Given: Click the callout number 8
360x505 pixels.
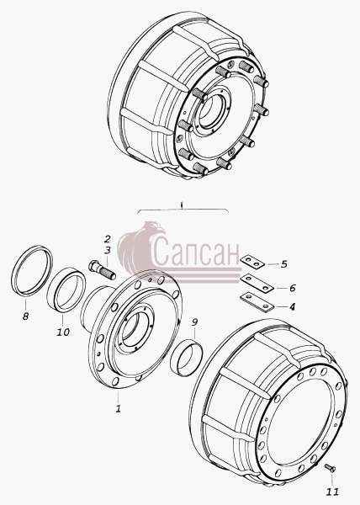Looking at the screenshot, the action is click(26, 316).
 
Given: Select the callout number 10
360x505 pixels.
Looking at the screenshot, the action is click(63, 332).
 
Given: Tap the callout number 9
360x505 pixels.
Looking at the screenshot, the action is click(194, 322).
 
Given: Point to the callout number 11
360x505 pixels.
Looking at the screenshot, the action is click(332, 492).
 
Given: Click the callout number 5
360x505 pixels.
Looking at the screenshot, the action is click(283, 264).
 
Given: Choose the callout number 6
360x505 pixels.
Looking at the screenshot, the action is click(292, 288).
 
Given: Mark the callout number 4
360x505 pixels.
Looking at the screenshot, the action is click(292, 306).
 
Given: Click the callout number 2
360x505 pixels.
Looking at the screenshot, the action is click(107, 239).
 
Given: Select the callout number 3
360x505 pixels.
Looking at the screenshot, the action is click(107, 250).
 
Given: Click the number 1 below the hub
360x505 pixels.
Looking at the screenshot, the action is click(119, 409).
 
